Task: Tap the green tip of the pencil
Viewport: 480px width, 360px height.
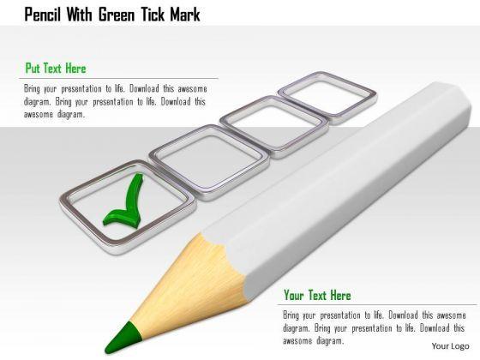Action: [x=123, y=338]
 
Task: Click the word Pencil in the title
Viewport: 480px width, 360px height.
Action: [x=43, y=15]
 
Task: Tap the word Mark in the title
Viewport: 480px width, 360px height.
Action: [x=185, y=15]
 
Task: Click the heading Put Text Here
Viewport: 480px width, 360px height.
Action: [x=56, y=69]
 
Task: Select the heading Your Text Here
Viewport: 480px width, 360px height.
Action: [x=317, y=296]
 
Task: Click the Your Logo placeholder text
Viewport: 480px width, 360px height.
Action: [x=450, y=346]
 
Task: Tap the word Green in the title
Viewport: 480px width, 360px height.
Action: [x=117, y=15]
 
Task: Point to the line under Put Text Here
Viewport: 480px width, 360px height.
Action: [x=119, y=78]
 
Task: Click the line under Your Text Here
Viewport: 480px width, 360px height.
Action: [x=377, y=305]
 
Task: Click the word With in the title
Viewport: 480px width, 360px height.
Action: [x=79, y=15]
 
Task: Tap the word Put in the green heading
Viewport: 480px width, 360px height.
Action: [x=33, y=69]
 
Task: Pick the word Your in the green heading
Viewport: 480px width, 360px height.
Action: [x=294, y=296]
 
